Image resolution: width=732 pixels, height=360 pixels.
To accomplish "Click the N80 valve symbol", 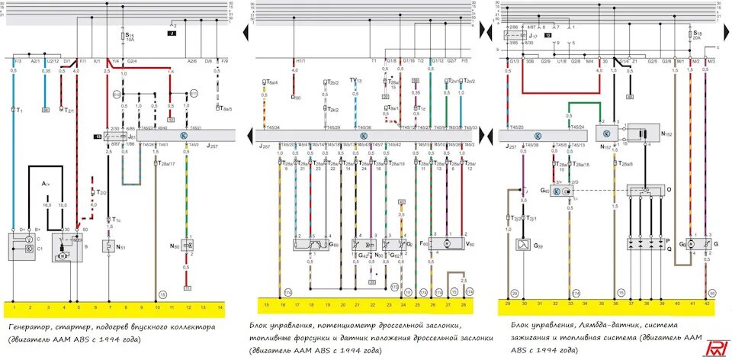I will (x=188, y=246).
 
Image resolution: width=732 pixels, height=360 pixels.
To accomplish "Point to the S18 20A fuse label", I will (x=696, y=35).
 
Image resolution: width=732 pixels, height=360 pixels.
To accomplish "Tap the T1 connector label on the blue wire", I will (x=19, y=110).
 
